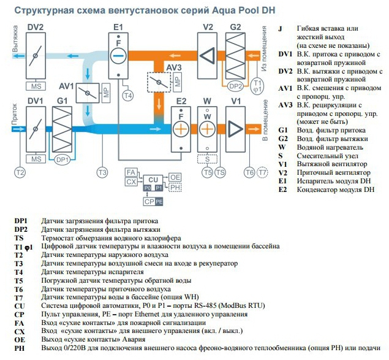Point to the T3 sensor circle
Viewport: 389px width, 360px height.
coord(102,173)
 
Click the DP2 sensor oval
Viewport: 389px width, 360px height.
coord(235,86)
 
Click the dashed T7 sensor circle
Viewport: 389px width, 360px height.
coord(263,173)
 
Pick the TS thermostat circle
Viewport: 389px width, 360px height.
coord(221,173)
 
